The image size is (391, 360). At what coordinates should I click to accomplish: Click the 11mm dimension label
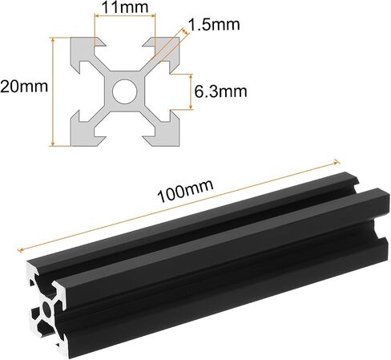[125, 7]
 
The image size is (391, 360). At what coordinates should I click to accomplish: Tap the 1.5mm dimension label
[214, 24]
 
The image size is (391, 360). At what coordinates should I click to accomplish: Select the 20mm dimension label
[24, 87]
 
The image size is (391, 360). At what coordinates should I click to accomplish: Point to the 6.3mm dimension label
[220, 91]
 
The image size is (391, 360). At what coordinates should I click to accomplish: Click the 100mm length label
[185, 191]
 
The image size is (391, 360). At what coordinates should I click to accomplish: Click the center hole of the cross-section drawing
[125, 91]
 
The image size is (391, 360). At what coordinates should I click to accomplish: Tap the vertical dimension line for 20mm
[53, 91]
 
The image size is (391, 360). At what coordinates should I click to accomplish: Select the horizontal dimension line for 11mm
[125, 16]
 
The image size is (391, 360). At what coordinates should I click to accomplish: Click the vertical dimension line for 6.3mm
[191, 91]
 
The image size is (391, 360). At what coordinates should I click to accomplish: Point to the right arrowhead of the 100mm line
[337, 162]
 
